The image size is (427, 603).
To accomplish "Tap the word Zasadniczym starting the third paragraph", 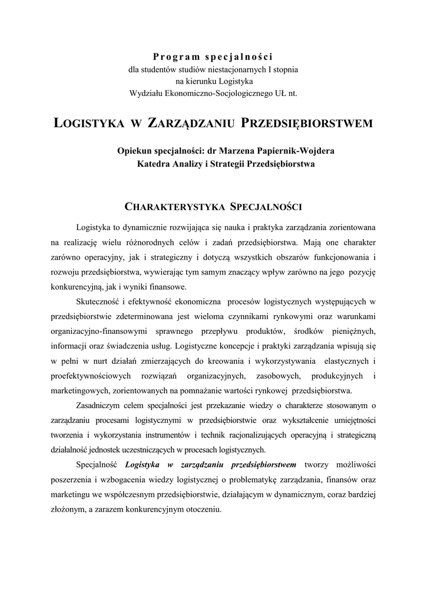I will pyautogui.click(x=101, y=405).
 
